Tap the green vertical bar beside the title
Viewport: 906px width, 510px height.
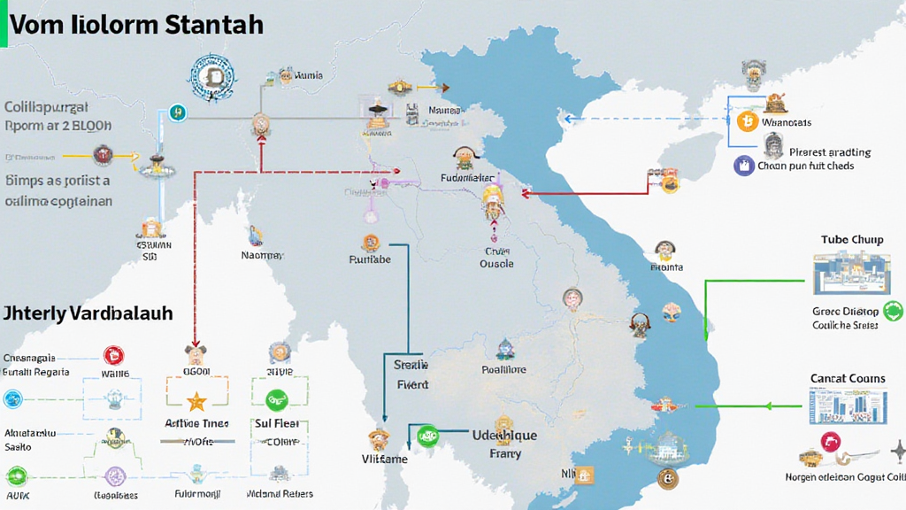pyautogui.click(x=4, y=24)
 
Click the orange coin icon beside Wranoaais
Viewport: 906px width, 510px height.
pyautogui.click(x=748, y=121)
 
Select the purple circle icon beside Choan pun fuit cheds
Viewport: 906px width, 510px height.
pyautogui.click(x=743, y=165)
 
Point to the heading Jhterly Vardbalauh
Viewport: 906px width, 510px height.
pyautogui.click(x=88, y=313)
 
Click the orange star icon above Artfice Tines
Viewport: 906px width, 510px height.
pyautogui.click(x=196, y=399)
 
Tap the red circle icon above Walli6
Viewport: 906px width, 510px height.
pyautogui.click(x=113, y=355)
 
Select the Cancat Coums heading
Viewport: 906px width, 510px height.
pyautogui.click(x=847, y=378)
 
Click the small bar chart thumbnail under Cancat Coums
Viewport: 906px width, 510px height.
pyautogui.click(x=836, y=406)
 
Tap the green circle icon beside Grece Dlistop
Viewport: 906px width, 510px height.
pyautogui.click(x=893, y=311)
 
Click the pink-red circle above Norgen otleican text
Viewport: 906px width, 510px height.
pyautogui.click(x=831, y=442)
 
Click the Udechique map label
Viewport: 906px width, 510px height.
pyautogui.click(x=504, y=435)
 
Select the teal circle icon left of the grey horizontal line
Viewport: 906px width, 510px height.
pyautogui.click(x=176, y=112)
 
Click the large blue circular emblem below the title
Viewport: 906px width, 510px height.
pyautogui.click(x=212, y=78)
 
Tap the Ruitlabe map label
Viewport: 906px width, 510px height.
pyautogui.click(x=370, y=259)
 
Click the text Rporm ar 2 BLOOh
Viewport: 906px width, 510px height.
pyautogui.click(x=58, y=126)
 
